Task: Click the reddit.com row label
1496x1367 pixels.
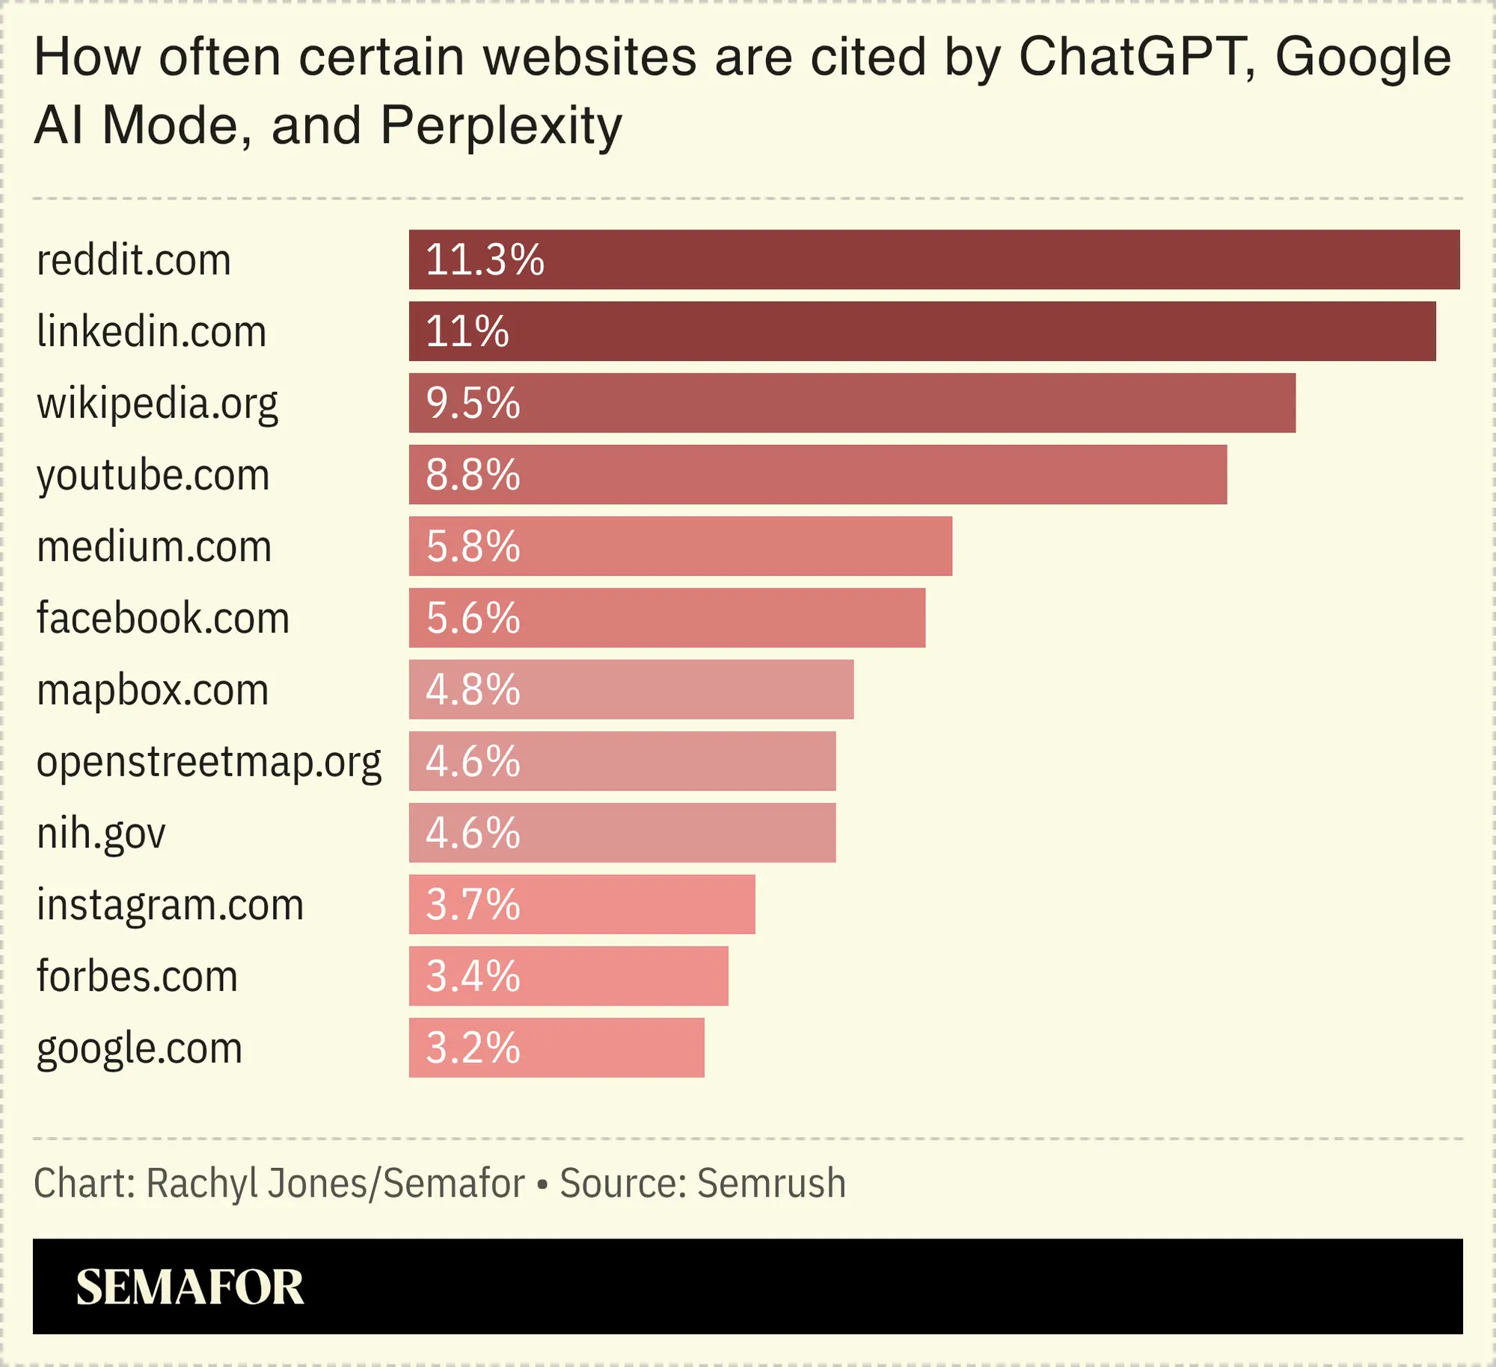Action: [x=134, y=260]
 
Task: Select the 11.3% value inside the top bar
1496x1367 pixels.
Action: [x=485, y=260]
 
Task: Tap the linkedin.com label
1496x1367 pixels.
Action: [x=151, y=331]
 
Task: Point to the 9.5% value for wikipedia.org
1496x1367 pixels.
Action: [x=473, y=403]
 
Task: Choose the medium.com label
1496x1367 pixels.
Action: [x=154, y=547]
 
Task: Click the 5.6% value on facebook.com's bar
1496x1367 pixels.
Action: [x=473, y=618]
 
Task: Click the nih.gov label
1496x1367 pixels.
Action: [x=101, y=833]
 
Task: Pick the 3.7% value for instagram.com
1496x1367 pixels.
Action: [x=473, y=905]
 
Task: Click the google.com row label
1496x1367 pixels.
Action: [x=139, y=1048]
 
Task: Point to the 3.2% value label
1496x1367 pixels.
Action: [x=473, y=1048]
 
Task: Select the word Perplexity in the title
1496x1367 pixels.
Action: [x=501, y=125]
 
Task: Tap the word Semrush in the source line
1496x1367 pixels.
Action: [x=771, y=1184]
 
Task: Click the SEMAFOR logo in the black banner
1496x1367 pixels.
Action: [x=190, y=1287]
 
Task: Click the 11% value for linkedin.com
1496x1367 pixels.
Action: [x=467, y=331]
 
